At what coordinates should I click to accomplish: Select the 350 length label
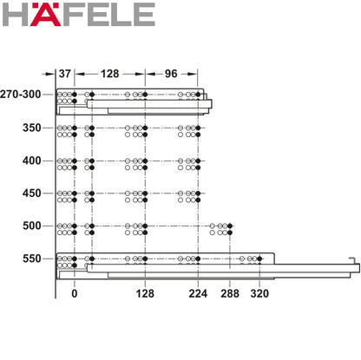pos(31,128)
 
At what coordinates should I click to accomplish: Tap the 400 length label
pos(31,161)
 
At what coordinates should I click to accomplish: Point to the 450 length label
pos(31,194)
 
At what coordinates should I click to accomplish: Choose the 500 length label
pos(31,226)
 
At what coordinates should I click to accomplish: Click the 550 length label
pos(31,259)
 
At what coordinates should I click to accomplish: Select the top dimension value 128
pos(110,75)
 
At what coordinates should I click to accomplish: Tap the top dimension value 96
pos(172,75)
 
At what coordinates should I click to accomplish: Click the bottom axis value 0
pos(75,294)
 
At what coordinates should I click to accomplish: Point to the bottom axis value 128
pos(145,294)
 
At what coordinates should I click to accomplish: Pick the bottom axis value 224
pos(198,294)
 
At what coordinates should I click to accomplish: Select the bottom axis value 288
pos(231,294)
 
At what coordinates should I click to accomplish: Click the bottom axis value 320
pos(260,294)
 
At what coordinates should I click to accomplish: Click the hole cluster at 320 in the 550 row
pos(253,260)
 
